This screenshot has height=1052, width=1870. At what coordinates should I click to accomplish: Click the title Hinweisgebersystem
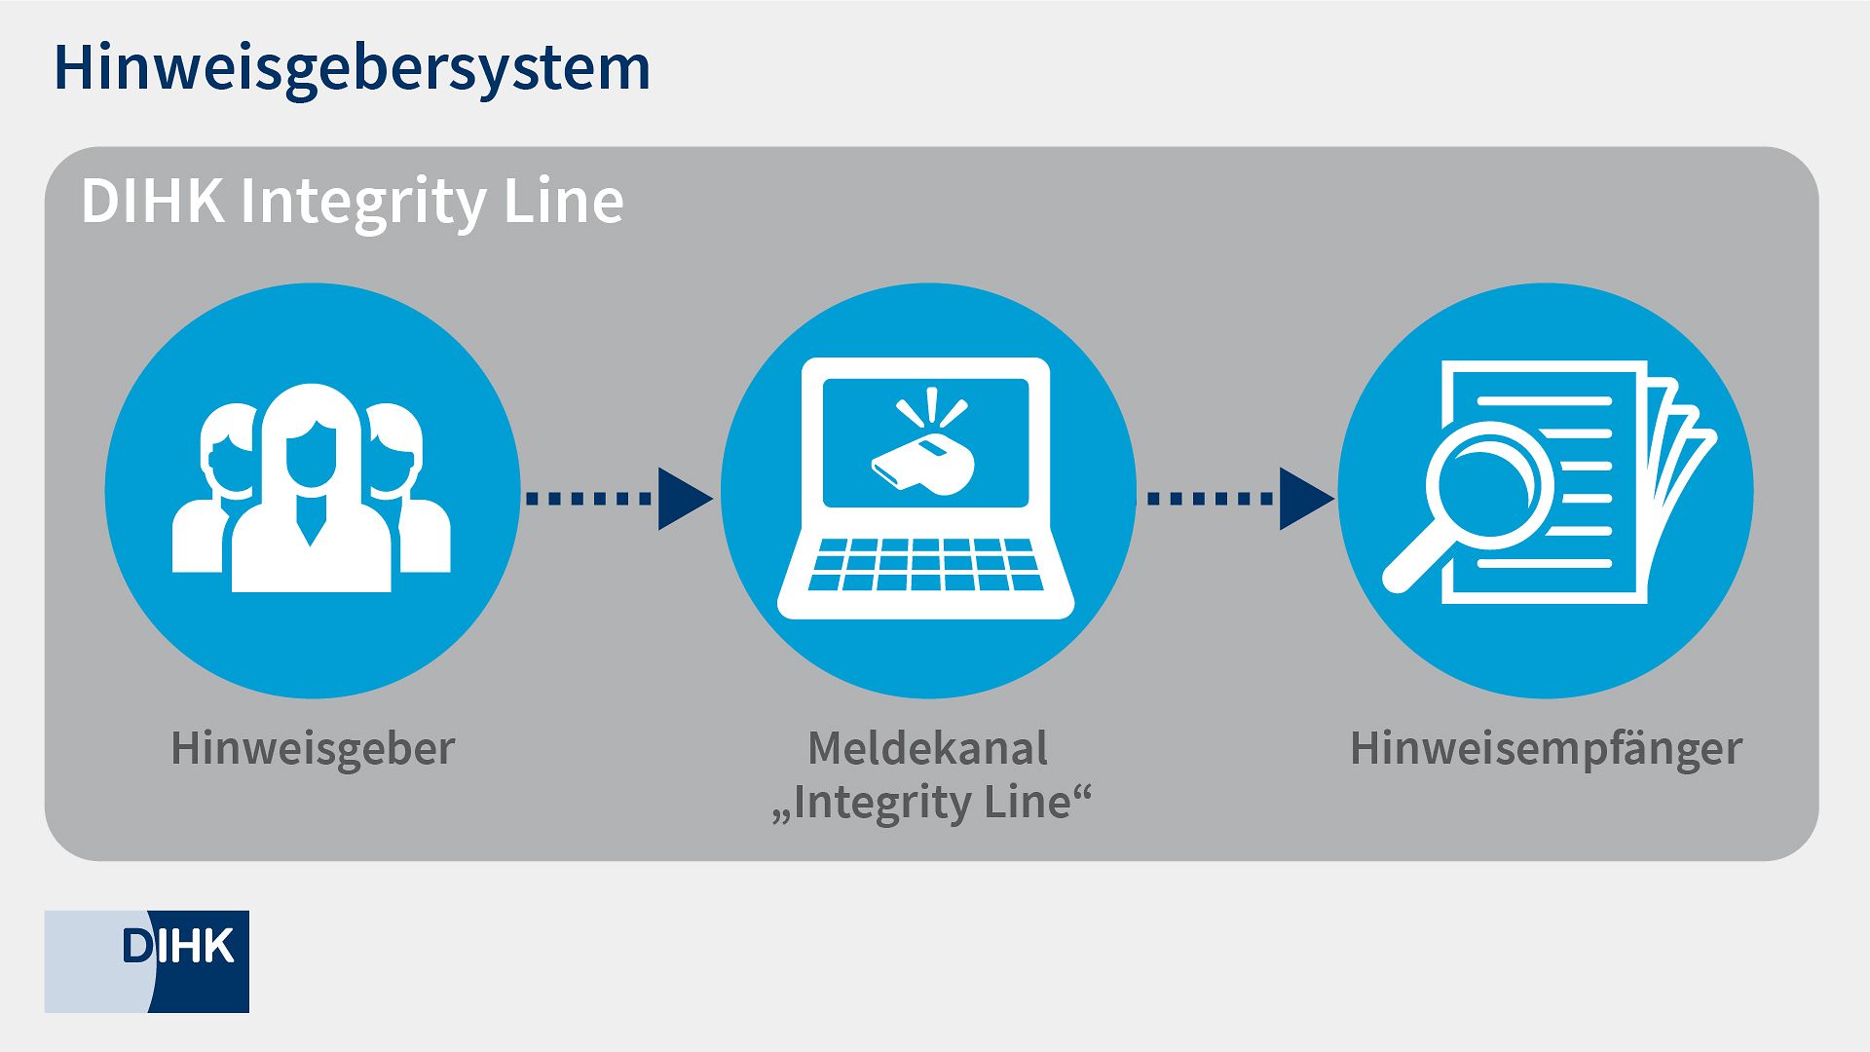(x=352, y=68)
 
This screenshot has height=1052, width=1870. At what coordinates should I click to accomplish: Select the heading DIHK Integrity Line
(x=352, y=201)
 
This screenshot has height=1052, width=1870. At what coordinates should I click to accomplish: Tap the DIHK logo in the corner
(x=147, y=960)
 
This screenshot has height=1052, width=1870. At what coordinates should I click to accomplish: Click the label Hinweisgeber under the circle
(x=313, y=748)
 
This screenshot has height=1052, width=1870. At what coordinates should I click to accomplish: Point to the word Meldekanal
(x=928, y=748)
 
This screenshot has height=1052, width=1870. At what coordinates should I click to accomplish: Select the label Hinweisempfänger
(x=1545, y=748)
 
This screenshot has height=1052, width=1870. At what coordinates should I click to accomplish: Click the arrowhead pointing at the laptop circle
(x=682, y=499)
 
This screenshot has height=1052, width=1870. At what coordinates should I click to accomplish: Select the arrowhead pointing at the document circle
(x=1303, y=499)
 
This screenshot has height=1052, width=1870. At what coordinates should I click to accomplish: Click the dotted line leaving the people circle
(x=588, y=499)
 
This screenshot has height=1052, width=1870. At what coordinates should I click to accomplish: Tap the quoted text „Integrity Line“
(x=930, y=803)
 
